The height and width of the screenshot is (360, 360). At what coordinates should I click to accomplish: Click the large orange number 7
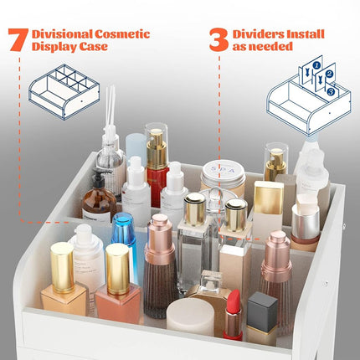pyautogui.click(x=18, y=39)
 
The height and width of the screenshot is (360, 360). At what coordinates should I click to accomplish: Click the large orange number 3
pyautogui.click(x=219, y=39)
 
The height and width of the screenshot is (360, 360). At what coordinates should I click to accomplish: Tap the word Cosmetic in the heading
pyautogui.click(x=122, y=34)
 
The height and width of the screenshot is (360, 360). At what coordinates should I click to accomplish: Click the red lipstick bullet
pyautogui.click(x=234, y=300)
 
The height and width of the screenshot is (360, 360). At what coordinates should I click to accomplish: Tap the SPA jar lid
pyautogui.click(x=223, y=170)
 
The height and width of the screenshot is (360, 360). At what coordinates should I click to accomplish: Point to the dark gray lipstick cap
pyautogui.click(x=262, y=308)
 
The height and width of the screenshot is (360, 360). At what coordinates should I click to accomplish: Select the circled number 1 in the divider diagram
pyautogui.click(x=316, y=65)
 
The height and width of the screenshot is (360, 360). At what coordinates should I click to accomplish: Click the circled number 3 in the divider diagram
pyautogui.click(x=331, y=91)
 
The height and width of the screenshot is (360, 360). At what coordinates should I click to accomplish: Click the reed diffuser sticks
pyautogui.click(x=111, y=106)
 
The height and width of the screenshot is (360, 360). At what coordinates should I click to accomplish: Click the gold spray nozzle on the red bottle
pyautogui.click(x=157, y=149)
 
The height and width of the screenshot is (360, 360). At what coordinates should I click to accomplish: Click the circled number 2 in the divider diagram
pyautogui.click(x=330, y=74)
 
